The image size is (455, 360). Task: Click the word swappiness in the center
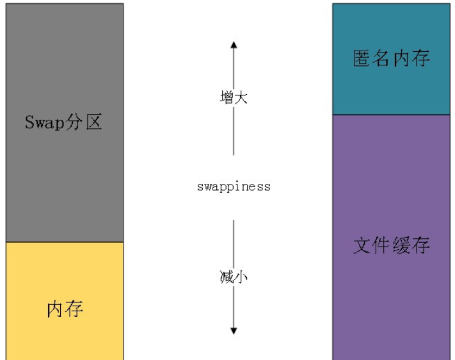coord(234,187)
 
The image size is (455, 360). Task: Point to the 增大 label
coord(234,98)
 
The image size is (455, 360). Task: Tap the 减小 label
coord(234,277)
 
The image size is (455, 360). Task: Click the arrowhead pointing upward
coord(234,45)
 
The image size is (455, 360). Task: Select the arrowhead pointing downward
coord(234,331)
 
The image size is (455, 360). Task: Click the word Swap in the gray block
coord(43,122)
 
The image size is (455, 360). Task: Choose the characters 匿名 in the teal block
coord(372,59)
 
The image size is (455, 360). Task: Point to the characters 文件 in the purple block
coord(372,245)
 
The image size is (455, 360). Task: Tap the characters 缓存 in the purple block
coord(411,245)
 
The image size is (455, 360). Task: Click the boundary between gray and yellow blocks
coord(64,242)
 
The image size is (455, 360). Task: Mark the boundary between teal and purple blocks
coord(391,115)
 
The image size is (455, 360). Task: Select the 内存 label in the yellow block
coord(65,309)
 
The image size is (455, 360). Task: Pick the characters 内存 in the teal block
coord(411,59)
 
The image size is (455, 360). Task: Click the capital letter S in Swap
coord(29,122)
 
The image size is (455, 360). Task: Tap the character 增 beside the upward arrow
coord(226,98)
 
